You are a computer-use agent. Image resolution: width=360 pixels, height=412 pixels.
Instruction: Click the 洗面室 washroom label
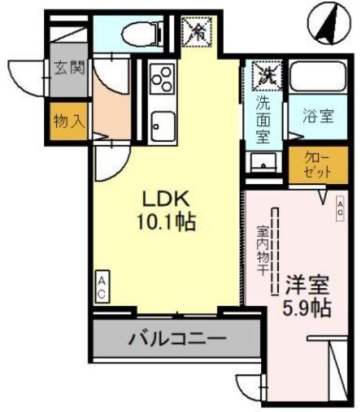point(263,119)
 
